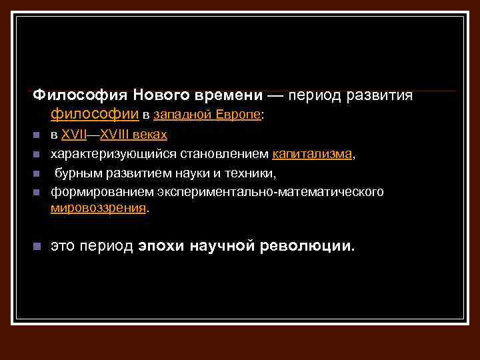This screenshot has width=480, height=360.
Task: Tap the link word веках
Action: pyautogui.click(x=152, y=135)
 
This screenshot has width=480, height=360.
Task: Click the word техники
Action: pyautogui.click(x=252, y=173)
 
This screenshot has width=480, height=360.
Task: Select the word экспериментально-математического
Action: pyautogui.click(x=271, y=192)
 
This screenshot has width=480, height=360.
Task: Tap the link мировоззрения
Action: pyautogui.click(x=98, y=208)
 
